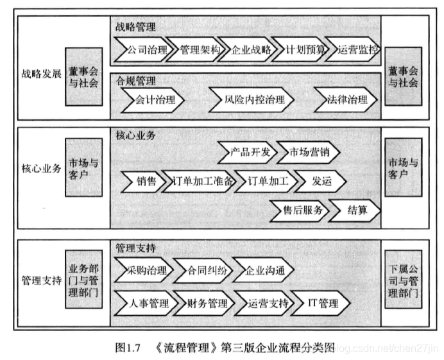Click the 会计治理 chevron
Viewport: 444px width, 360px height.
(151, 101)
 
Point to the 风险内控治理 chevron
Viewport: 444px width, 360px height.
(251, 101)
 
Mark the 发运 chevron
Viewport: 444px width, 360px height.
(321, 182)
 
